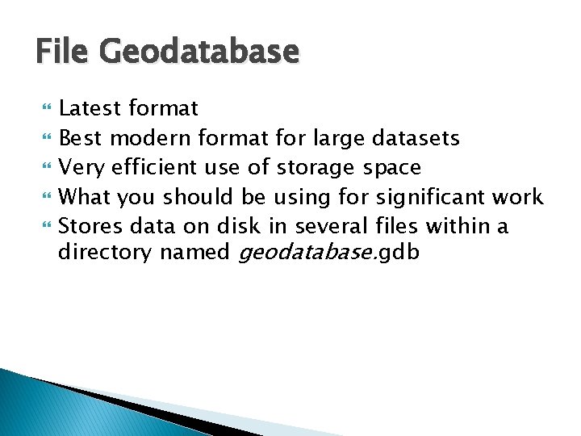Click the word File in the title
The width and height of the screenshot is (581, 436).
click(65, 52)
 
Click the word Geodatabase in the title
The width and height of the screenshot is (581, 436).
click(199, 52)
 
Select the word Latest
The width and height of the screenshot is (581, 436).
click(90, 108)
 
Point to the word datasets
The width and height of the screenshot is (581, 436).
click(416, 138)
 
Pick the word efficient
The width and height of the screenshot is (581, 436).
click(154, 167)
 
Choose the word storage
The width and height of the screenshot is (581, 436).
click(316, 167)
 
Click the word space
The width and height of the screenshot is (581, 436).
click(392, 167)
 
